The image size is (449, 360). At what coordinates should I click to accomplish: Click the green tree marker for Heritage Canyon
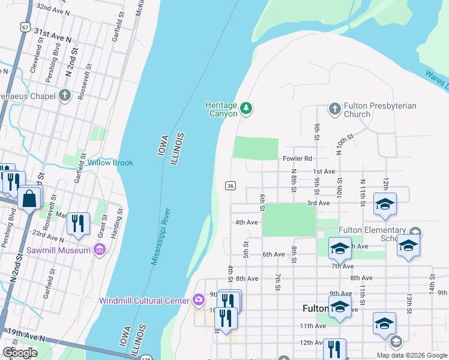point(246,109)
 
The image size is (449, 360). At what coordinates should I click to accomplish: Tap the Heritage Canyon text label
point(221,109)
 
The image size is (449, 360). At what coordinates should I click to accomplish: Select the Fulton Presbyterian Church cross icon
point(335,109)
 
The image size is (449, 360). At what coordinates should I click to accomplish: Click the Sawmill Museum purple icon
point(100,249)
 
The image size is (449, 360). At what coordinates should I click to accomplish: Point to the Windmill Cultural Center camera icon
point(199,299)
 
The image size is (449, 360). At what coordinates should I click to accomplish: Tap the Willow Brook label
point(110,163)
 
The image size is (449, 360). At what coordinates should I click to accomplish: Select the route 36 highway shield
point(231,186)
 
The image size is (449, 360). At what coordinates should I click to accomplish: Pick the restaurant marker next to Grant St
point(78,224)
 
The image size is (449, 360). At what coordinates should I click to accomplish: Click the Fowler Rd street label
point(297,158)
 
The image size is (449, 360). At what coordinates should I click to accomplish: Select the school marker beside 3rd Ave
point(385,204)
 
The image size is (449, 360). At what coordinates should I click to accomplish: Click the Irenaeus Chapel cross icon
point(65,95)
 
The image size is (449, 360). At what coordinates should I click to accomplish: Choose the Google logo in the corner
point(20,353)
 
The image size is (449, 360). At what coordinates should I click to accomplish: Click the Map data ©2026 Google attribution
point(412,355)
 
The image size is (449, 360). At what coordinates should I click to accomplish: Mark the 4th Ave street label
point(246,222)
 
